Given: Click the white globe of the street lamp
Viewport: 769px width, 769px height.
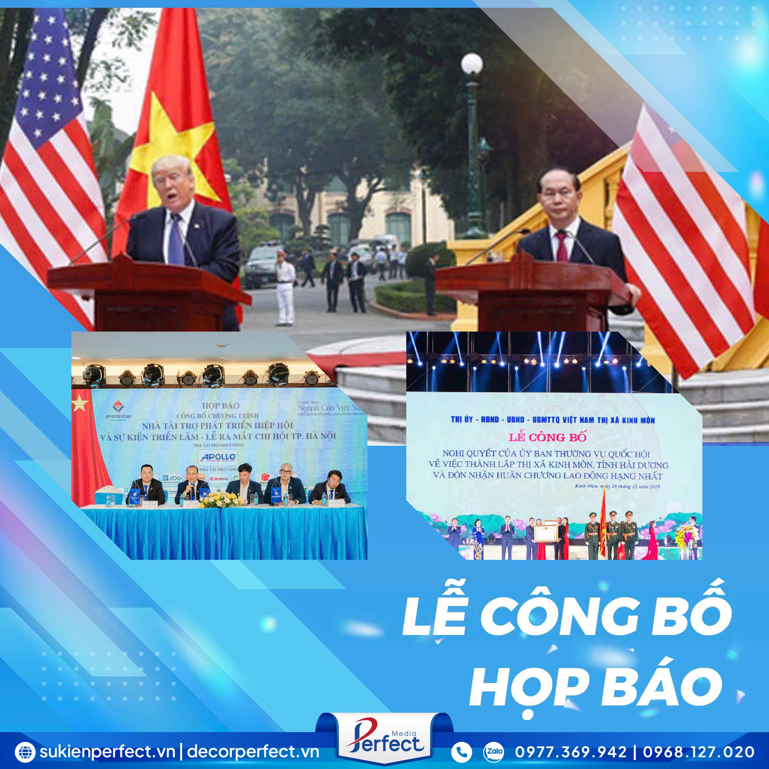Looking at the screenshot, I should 472,64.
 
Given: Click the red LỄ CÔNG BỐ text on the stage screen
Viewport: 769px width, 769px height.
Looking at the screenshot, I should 547,437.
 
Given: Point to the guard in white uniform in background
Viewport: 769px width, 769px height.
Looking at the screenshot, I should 285,292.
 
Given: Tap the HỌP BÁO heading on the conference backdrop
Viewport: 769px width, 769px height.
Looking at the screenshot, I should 220,405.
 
